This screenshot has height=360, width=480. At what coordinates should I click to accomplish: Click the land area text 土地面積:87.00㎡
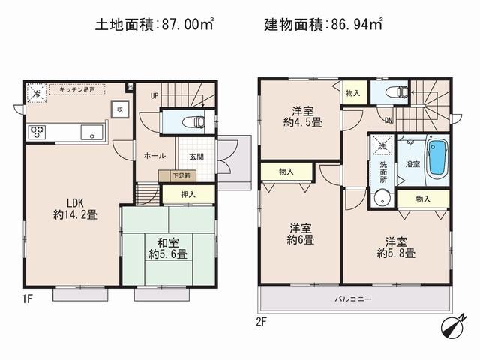tap(154, 24)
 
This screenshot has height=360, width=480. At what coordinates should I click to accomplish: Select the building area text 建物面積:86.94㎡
tap(323, 24)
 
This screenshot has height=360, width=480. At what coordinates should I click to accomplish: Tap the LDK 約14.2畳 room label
tap(73, 207)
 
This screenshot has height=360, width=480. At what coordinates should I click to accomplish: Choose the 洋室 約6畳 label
tap(298, 233)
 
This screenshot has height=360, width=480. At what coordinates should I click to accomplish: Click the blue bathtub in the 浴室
tap(436, 157)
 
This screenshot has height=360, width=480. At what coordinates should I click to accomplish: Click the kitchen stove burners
tap(37, 133)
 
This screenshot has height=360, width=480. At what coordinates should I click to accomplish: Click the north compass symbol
tap(450, 328)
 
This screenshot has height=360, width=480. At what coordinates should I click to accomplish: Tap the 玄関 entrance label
tap(196, 156)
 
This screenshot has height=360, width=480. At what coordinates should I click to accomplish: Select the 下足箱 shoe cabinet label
tap(180, 175)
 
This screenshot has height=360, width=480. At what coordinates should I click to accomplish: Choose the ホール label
tap(154, 156)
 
